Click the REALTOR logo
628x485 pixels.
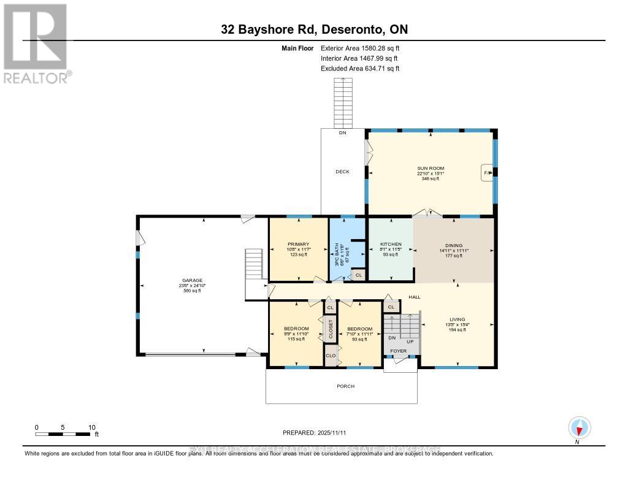coord(36,43)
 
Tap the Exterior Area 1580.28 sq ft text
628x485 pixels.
coord(360,48)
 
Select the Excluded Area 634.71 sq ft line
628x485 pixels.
coord(360,69)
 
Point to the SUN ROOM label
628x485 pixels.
coord(432,168)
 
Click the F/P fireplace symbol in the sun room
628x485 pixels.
coord(488,173)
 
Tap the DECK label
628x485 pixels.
coord(342,172)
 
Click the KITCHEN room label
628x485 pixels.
coord(391,244)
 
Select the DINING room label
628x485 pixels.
coord(453,244)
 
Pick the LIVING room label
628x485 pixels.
coord(457,319)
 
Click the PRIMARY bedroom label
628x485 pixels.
coord(299,243)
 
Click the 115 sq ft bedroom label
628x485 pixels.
coord(296,334)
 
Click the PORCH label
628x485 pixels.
coord(346,386)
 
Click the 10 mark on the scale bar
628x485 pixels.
coord(91,427)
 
